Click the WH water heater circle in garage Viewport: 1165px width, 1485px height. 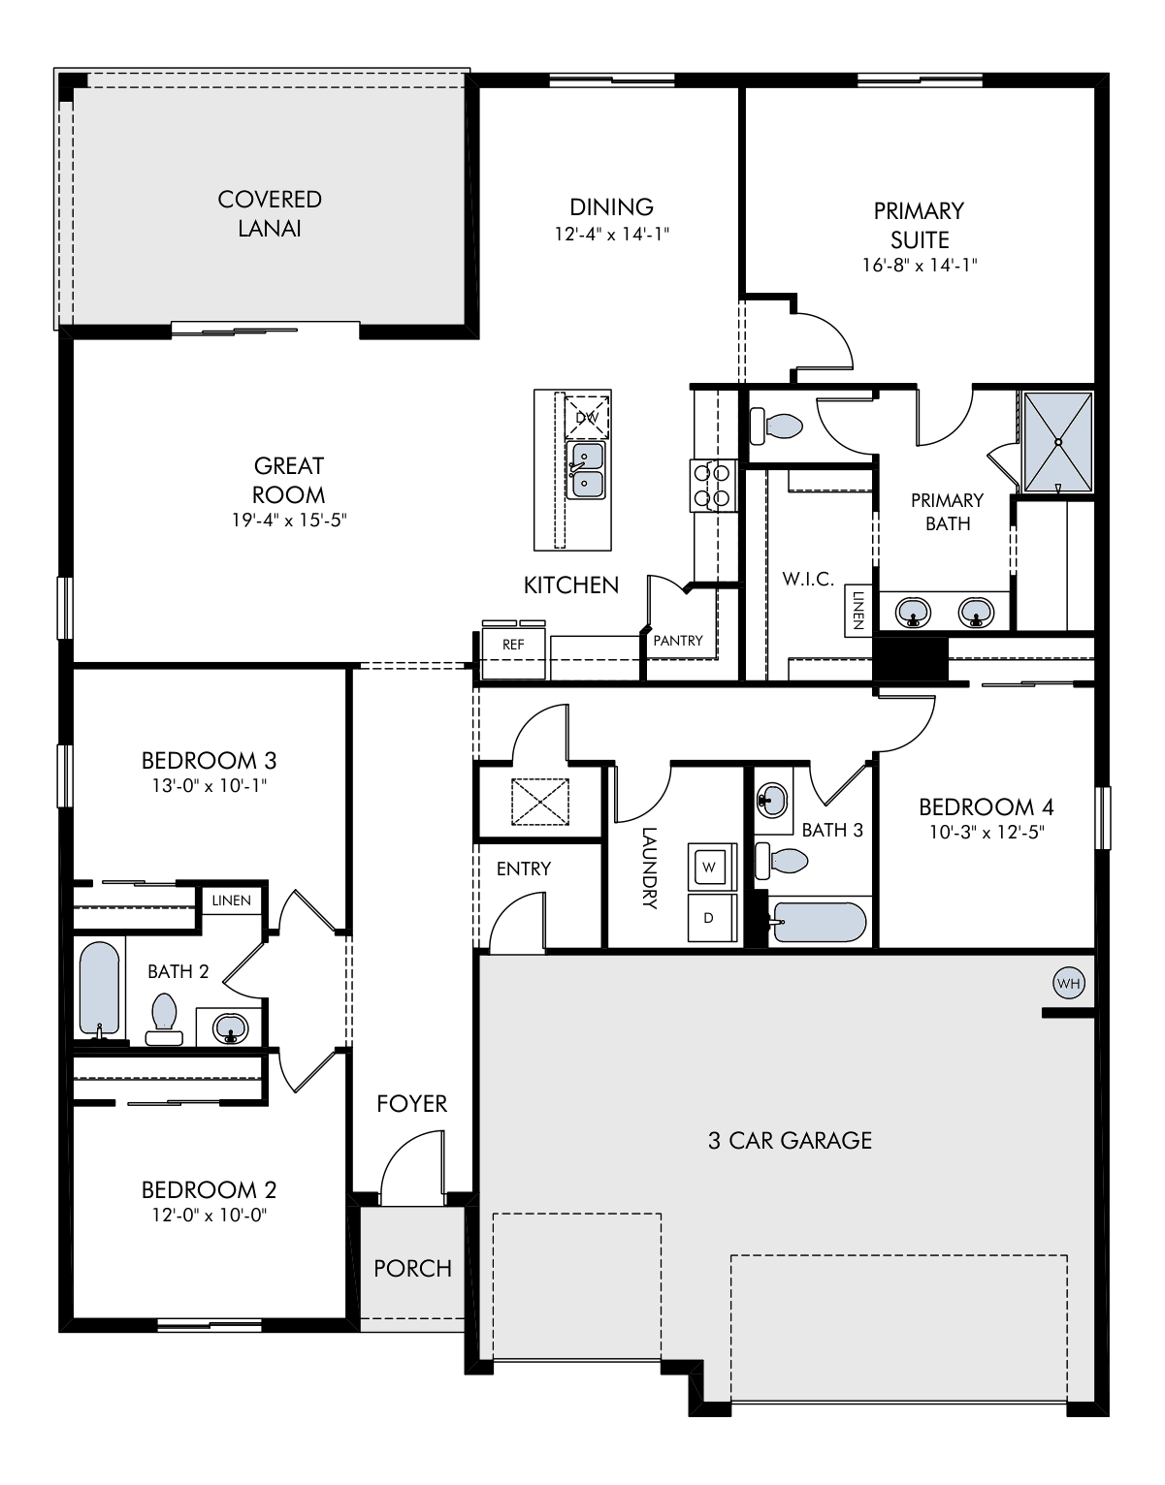tap(1068, 984)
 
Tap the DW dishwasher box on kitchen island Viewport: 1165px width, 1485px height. tap(587, 417)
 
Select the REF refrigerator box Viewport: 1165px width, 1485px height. tap(513, 653)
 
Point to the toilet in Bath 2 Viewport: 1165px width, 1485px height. tap(164, 1019)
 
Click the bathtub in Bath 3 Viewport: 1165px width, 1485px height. tap(818, 922)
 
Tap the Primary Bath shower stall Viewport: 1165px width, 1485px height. tap(1057, 441)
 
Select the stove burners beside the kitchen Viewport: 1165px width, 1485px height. tap(713, 486)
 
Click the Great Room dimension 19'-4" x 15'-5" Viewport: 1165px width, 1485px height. tap(289, 521)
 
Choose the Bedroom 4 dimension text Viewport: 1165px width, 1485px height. tap(987, 833)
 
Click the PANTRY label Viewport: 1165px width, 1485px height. tap(677, 641)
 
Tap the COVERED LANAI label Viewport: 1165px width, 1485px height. tap(270, 214)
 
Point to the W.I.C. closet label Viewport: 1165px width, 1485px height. tap(808, 579)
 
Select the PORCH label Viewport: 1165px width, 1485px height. tap(413, 1269)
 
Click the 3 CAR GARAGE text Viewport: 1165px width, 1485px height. tap(790, 1141)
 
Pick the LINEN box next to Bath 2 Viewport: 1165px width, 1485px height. tap(232, 900)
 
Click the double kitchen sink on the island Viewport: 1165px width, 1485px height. tap(587, 470)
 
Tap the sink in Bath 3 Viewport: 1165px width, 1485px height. tap(772, 800)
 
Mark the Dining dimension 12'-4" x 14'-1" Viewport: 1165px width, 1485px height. tap(611, 235)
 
